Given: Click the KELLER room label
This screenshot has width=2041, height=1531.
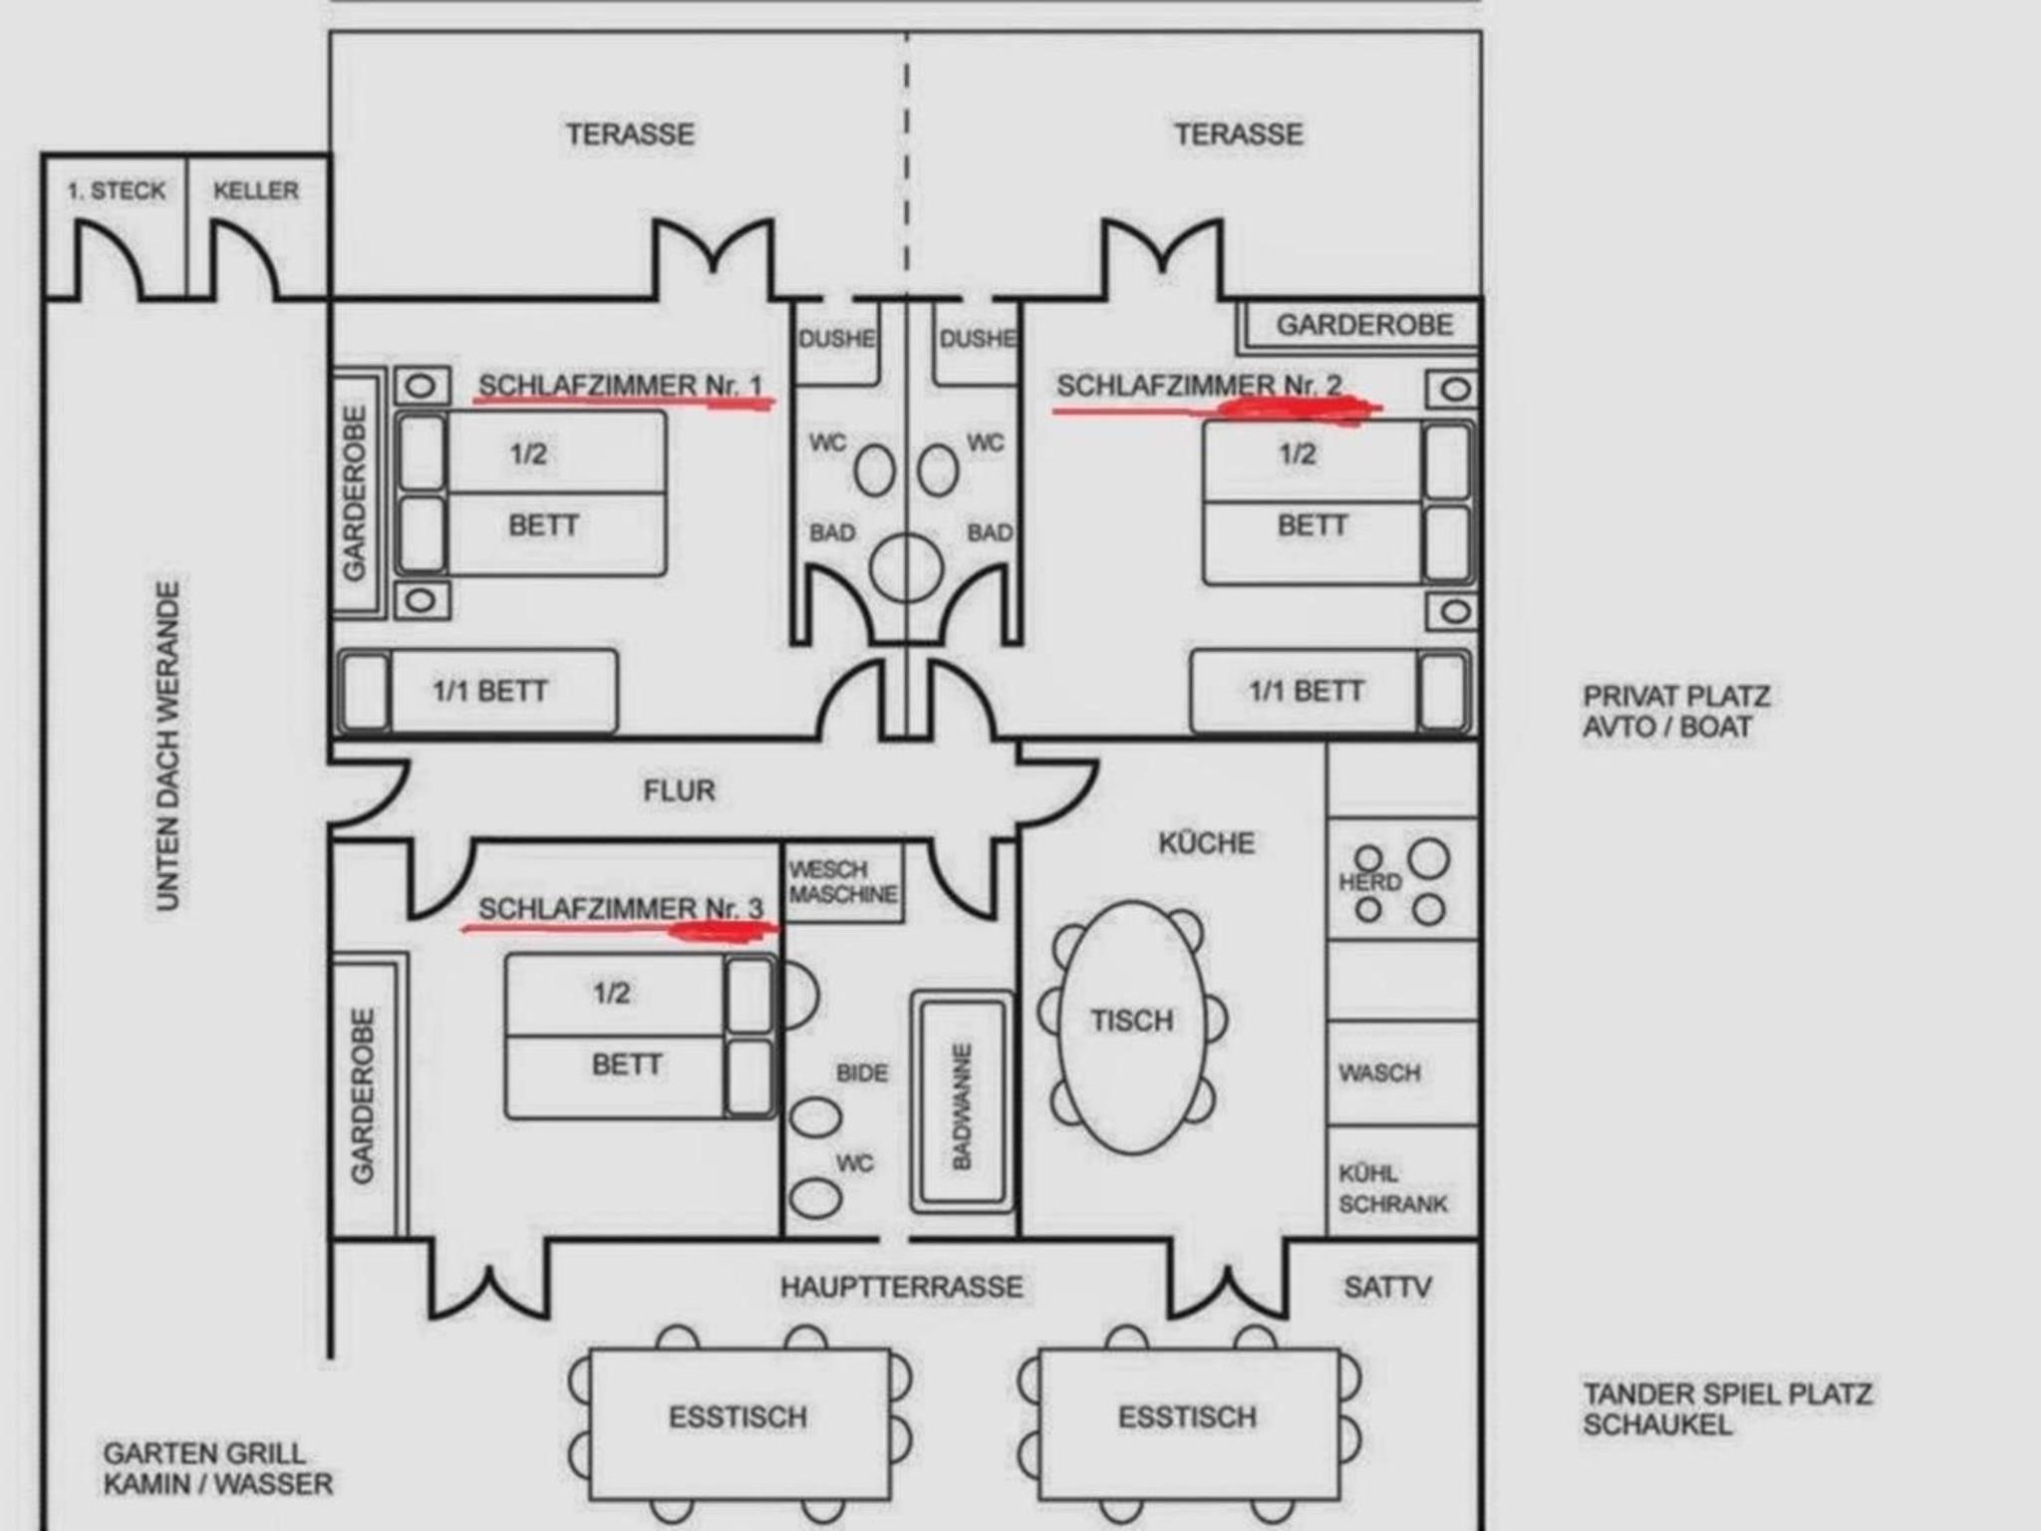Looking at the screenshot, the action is coord(256,190).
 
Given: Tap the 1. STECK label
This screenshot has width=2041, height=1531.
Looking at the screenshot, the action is coord(117,190).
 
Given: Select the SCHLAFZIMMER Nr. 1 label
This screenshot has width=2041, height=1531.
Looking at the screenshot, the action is coord(620,385).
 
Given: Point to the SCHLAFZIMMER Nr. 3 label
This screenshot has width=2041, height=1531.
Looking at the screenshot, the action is coord(620,908).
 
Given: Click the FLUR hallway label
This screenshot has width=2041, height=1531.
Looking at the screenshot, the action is coord(679,790).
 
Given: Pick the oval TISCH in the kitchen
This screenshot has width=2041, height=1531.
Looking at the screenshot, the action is coord(1132,1028).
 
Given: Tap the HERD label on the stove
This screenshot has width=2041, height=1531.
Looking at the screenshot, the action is coord(1370,882).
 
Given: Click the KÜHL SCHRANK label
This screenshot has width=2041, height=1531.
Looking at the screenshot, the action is coord(1392,1188).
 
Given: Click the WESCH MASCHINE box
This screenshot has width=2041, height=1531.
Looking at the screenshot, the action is coord(844,882).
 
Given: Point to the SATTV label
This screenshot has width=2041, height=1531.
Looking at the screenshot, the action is coord(1387,1287).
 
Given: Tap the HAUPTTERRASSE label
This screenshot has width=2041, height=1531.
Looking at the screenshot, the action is coord(901,1287).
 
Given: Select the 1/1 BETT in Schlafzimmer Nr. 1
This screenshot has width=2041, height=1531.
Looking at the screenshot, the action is coord(477,692).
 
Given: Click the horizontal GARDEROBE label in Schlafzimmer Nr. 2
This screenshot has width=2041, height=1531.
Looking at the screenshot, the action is coord(1364,325).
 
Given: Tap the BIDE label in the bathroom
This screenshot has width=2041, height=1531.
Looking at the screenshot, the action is coord(862,1073).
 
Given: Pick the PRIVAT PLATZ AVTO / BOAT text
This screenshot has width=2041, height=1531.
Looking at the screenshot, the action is coord(1677,711).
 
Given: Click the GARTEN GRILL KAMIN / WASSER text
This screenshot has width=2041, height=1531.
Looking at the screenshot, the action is coord(218,1468).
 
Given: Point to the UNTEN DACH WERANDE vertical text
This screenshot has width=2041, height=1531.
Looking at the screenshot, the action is coord(168,746).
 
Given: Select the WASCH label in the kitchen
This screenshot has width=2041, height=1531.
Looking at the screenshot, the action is coord(1379,1073).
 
